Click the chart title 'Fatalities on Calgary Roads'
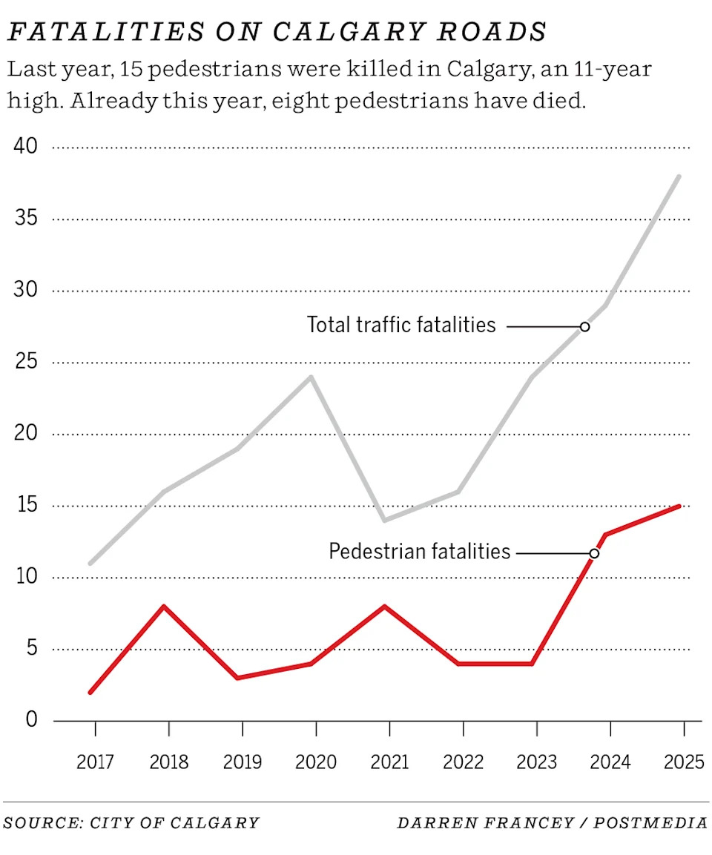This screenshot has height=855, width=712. tap(276, 32)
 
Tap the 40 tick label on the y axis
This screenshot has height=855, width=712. tap(25, 146)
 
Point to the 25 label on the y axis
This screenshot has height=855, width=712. tap(25, 362)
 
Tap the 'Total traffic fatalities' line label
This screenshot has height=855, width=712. tap(401, 325)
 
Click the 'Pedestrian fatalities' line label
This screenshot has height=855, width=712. tap(420, 552)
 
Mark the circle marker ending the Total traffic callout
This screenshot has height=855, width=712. tap(584, 326)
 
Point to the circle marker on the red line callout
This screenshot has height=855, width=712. tap(594, 553)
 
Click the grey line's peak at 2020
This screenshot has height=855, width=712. tap(311, 377)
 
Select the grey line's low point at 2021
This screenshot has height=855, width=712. tap(385, 520)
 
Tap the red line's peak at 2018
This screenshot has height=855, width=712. tap(164, 607)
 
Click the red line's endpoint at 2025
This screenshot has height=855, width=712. tap(679, 506)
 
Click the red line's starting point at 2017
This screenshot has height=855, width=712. tap(90, 692)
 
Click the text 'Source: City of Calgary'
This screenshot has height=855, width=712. tap(131, 823)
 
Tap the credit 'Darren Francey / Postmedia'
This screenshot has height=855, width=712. tap(552, 823)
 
